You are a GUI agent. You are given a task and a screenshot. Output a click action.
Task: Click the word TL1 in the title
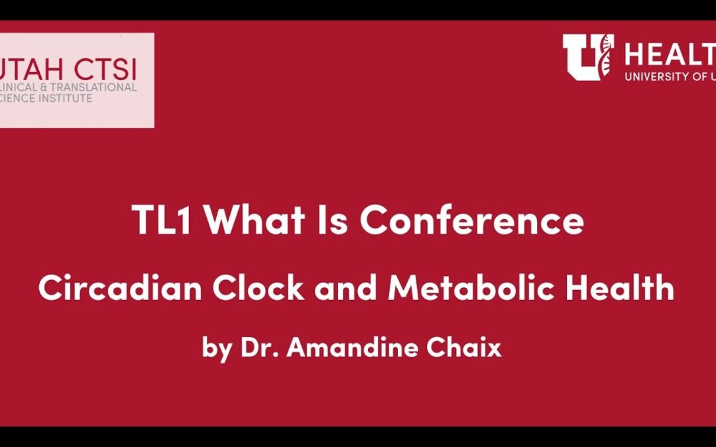(163, 221)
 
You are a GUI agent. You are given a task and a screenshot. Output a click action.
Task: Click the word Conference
(472, 221)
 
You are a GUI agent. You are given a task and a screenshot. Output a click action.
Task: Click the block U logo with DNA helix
(587, 58)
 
